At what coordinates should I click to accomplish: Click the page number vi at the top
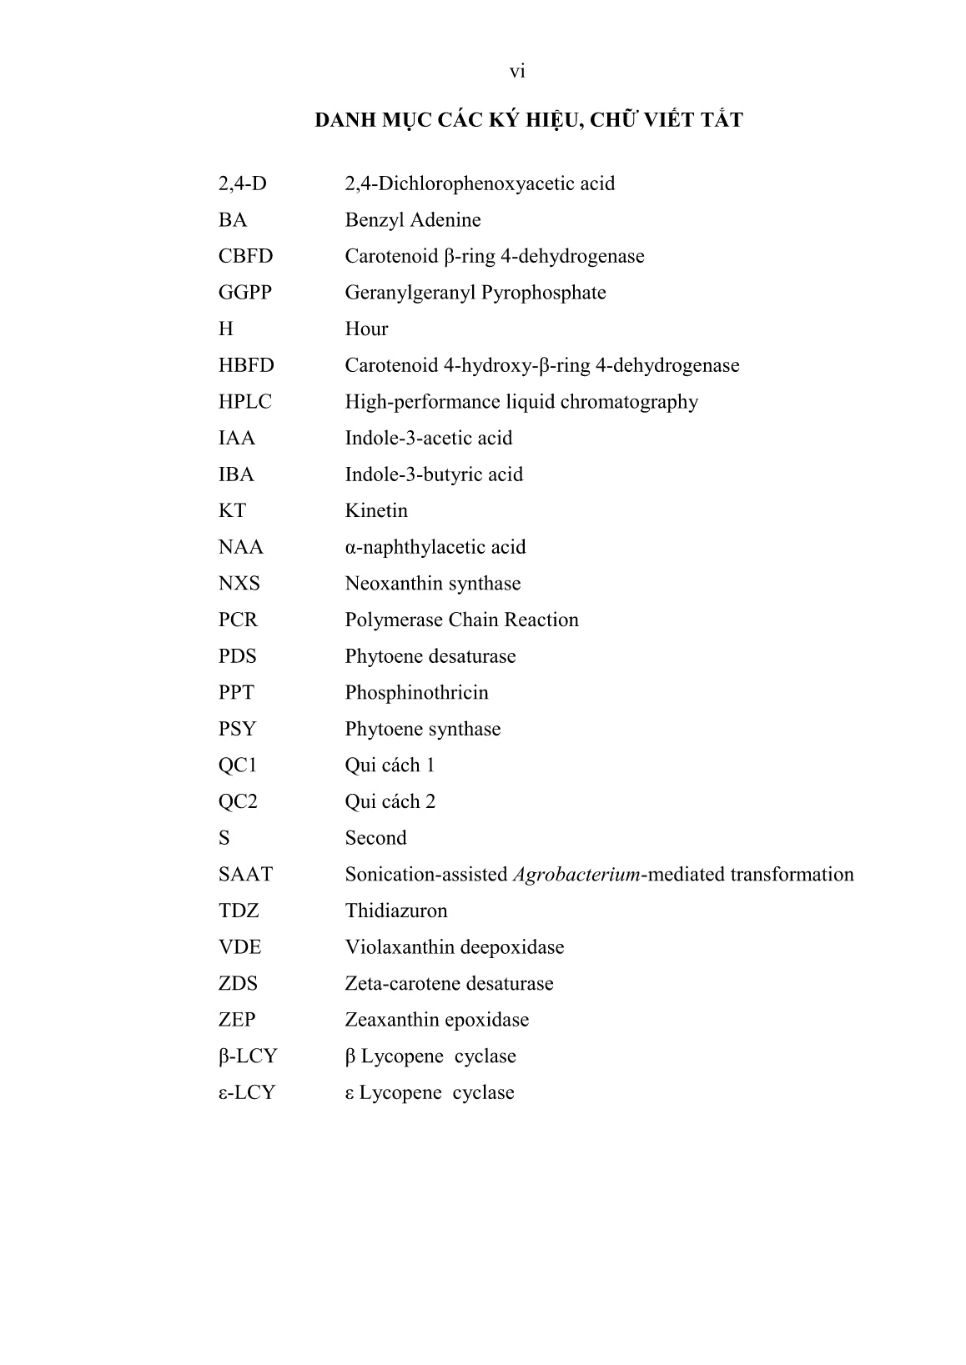click(x=517, y=72)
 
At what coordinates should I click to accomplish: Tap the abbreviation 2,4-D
click(x=243, y=183)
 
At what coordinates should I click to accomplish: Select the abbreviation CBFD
click(x=245, y=256)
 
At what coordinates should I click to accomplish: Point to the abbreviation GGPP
click(x=245, y=293)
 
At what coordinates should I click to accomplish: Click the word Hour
click(x=366, y=329)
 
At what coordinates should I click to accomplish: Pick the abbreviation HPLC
click(x=245, y=402)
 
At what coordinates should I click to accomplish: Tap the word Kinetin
click(x=376, y=510)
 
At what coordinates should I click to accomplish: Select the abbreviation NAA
click(x=241, y=547)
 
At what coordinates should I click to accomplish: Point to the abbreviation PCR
click(x=239, y=620)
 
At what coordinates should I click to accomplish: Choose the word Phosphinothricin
click(x=416, y=693)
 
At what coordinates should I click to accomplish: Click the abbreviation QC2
click(x=239, y=802)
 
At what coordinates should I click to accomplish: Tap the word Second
click(x=375, y=838)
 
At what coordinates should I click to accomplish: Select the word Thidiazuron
click(x=396, y=911)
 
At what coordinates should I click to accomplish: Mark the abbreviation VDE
click(x=240, y=947)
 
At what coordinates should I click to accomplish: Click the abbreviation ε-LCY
click(x=247, y=1093)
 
